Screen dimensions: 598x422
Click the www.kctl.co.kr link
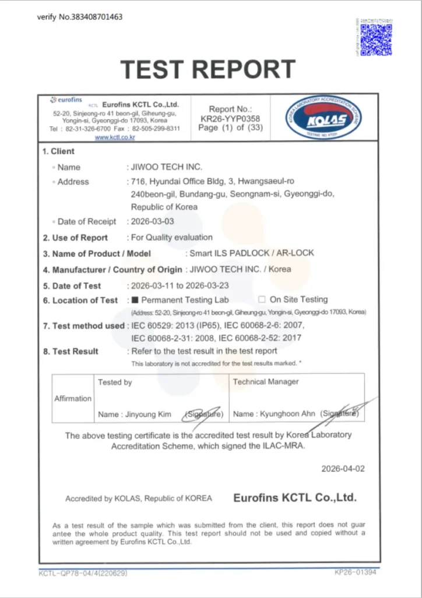point(115,137)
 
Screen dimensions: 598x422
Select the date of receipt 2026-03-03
point(152,221)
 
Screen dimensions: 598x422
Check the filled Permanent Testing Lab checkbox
point(135,300)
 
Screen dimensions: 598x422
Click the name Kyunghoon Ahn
point(283,414)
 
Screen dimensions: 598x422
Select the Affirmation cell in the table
point(73,398)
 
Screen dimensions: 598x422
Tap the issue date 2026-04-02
point(343,469)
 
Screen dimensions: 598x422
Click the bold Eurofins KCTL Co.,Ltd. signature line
point(294,498)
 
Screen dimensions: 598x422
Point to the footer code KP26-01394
point(356,572)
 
